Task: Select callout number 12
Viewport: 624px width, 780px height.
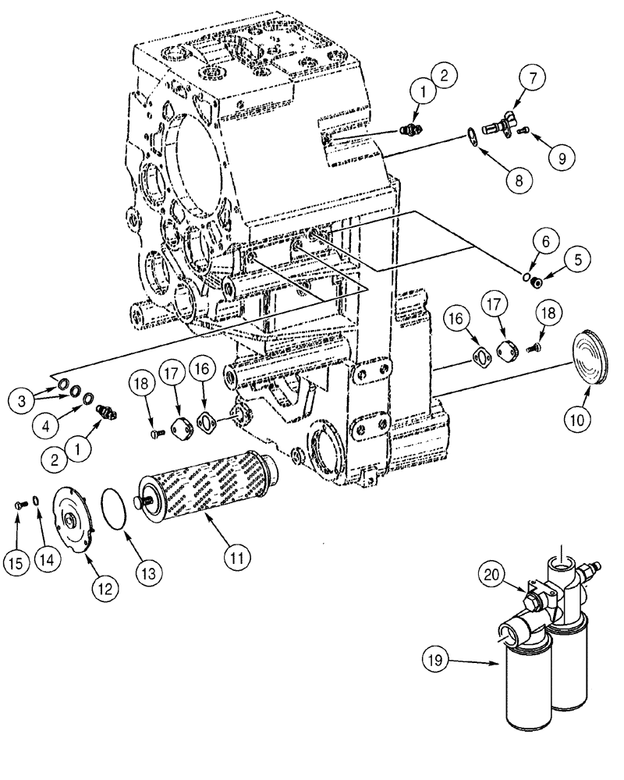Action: tap(106, 587)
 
